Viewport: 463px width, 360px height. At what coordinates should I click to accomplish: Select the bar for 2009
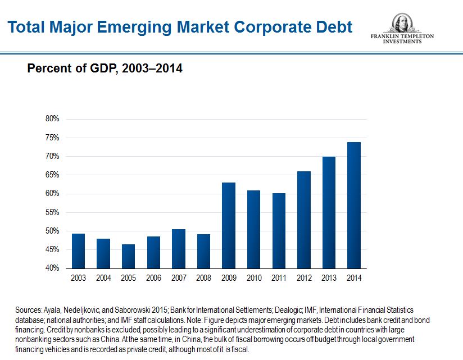(229, 225)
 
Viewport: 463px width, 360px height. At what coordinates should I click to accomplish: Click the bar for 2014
(353, 205)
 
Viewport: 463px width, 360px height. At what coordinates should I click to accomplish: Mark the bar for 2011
(279, 230)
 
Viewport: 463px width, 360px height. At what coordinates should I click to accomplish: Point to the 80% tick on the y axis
(52, 119)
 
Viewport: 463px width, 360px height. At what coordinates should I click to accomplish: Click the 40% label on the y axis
(52, 268)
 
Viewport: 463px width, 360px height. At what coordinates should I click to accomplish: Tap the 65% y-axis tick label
(52, 175)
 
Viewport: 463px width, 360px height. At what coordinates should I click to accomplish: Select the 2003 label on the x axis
(79, 278)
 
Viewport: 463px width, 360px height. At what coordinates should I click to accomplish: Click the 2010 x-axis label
(253, 278)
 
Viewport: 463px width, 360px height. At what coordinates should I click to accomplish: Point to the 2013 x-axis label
(329, 278)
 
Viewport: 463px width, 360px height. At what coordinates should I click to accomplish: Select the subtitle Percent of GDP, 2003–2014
(105, 69)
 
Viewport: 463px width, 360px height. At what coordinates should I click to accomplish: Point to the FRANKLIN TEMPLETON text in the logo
(402, 37)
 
